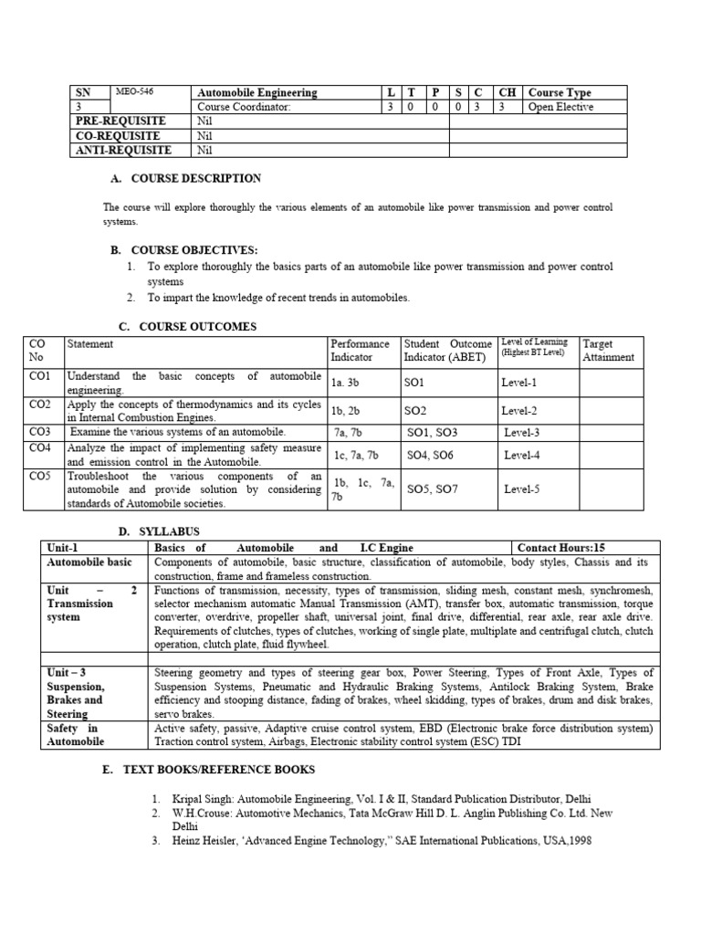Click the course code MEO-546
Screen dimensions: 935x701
(x=134, y=92)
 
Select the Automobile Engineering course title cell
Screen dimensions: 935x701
(x=257, y=93)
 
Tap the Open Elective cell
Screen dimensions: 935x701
(x=560, y=107)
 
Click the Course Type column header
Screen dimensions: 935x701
(x=560, y=93)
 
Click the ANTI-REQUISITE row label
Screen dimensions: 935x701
(x=122, y=150)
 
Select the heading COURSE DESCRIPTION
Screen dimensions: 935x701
(x=196, y=179)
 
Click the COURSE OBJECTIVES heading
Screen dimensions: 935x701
(x=194, y=250)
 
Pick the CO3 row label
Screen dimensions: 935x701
(x=39, y=431)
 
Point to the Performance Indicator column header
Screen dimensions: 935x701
(x=360, y=351)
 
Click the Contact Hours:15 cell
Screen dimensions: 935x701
(x=560, y=548)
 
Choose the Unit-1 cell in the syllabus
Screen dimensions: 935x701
(x=62, y=548)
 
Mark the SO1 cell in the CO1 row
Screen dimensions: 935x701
(x=416, y=383)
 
